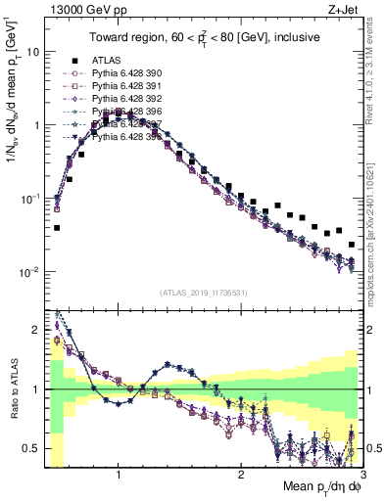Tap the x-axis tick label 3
tap(362, 474)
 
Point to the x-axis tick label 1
tap(119, 474)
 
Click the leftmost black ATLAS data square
tap(57, 228)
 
